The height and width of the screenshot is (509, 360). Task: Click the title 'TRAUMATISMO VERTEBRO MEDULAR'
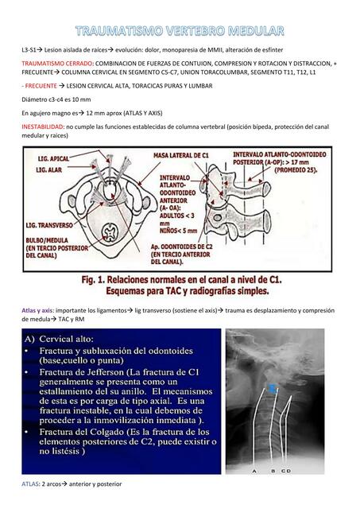click(x=180, y=31)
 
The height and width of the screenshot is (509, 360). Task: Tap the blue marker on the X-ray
click(x=273, y=388)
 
